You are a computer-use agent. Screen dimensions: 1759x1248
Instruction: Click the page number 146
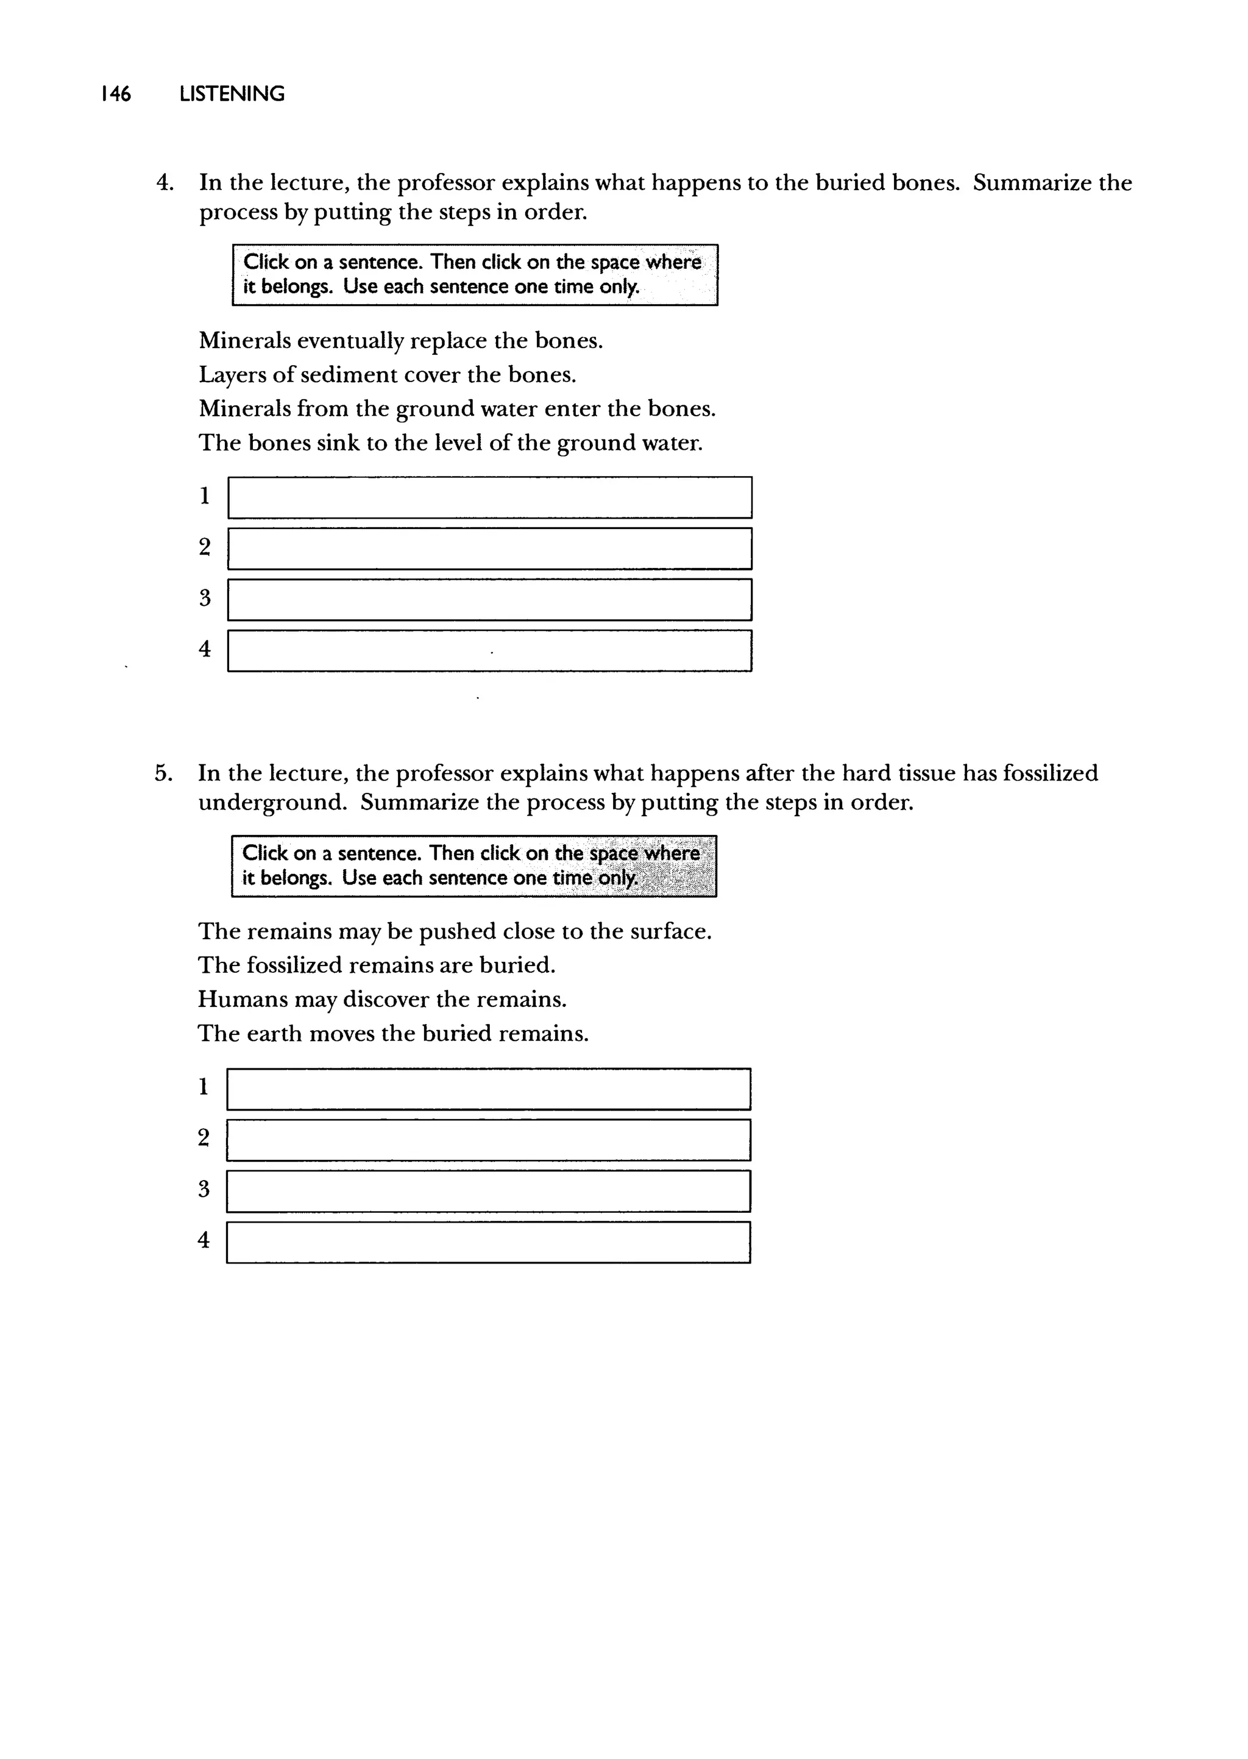(116, 94)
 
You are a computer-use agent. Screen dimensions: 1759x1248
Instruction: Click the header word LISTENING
(232, 94)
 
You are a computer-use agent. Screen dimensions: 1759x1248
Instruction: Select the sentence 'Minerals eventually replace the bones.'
(400, 341)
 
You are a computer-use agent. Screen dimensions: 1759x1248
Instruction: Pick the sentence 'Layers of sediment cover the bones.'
(388, 374)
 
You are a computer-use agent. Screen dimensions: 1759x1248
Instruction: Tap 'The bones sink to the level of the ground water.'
(450, 442)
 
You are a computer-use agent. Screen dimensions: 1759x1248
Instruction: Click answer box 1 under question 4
(489, 498)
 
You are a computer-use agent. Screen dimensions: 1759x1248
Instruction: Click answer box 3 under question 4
(489, 599)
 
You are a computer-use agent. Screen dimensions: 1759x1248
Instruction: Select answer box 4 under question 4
(489, 651)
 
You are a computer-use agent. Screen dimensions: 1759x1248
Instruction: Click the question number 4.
(164, 183)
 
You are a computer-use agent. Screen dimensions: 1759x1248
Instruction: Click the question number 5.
(163, 773)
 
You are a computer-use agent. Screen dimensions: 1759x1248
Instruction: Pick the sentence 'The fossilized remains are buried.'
(376, 965)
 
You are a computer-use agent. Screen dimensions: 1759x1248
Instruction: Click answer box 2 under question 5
(488, 1140)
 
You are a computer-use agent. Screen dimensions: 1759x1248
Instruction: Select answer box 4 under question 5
(488, 1242)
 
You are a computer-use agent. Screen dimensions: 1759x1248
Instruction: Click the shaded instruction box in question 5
(473, 866)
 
